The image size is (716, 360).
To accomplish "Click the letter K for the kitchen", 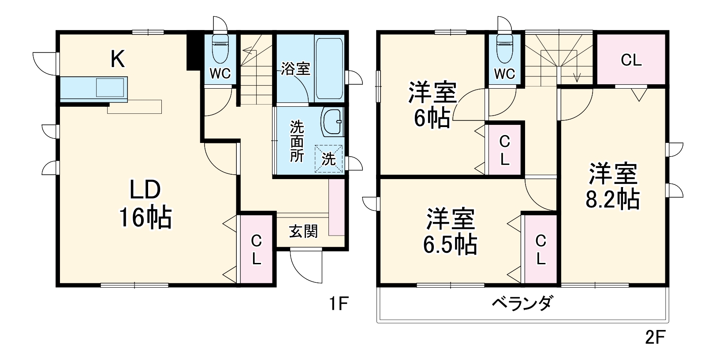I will pos(117,59).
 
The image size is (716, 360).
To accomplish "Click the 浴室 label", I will pos(296,69).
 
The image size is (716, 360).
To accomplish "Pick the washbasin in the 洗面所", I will pos(333,121).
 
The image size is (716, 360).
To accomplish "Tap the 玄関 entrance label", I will pos(303,231).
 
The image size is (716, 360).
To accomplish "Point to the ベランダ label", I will pos(522,304).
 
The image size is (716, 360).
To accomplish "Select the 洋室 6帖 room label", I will pos(432,104).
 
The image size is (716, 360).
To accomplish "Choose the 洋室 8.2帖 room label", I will pos(613,186).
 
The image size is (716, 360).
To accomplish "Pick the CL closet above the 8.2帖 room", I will pos(631,60).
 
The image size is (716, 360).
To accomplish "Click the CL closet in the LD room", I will pos(256,250).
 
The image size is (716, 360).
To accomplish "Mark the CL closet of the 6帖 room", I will pos(504,150).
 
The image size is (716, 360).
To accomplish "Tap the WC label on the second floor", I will pos(504,74).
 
